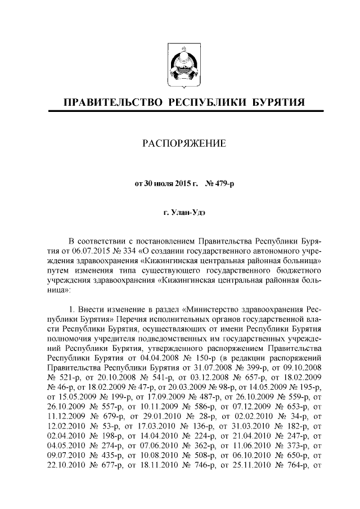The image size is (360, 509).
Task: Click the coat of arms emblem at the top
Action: pyautogui.click(x=180, y=66)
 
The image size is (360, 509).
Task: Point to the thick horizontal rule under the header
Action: pyautogui.click(x=180, y=112)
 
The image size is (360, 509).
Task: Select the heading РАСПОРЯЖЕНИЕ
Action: pyautogui.click(x=180, y=144)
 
